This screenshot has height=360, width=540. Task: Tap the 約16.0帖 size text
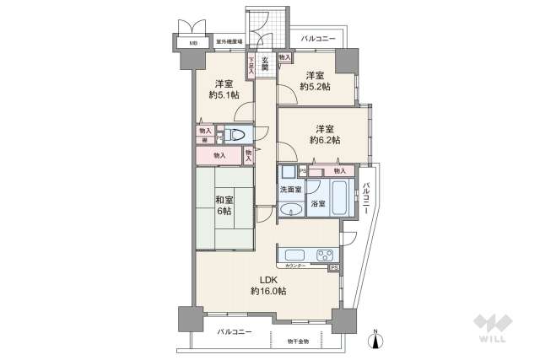tap(268, 291)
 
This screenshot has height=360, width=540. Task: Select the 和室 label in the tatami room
tap(224, 200)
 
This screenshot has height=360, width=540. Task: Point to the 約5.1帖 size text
tap(224, 95)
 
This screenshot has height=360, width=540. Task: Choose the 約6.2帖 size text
tap(326, 140)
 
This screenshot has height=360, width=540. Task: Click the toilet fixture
tap(235, 135)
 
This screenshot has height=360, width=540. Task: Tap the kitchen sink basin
tap(294, 255)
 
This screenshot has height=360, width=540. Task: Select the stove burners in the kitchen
tap(322, 255)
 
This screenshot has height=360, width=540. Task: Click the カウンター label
tap(295, 266)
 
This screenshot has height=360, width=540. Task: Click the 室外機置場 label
tap(229, 41)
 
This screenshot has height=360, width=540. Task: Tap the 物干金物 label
tap(298, 341)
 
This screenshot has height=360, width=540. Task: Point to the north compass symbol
tap(377, 339)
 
